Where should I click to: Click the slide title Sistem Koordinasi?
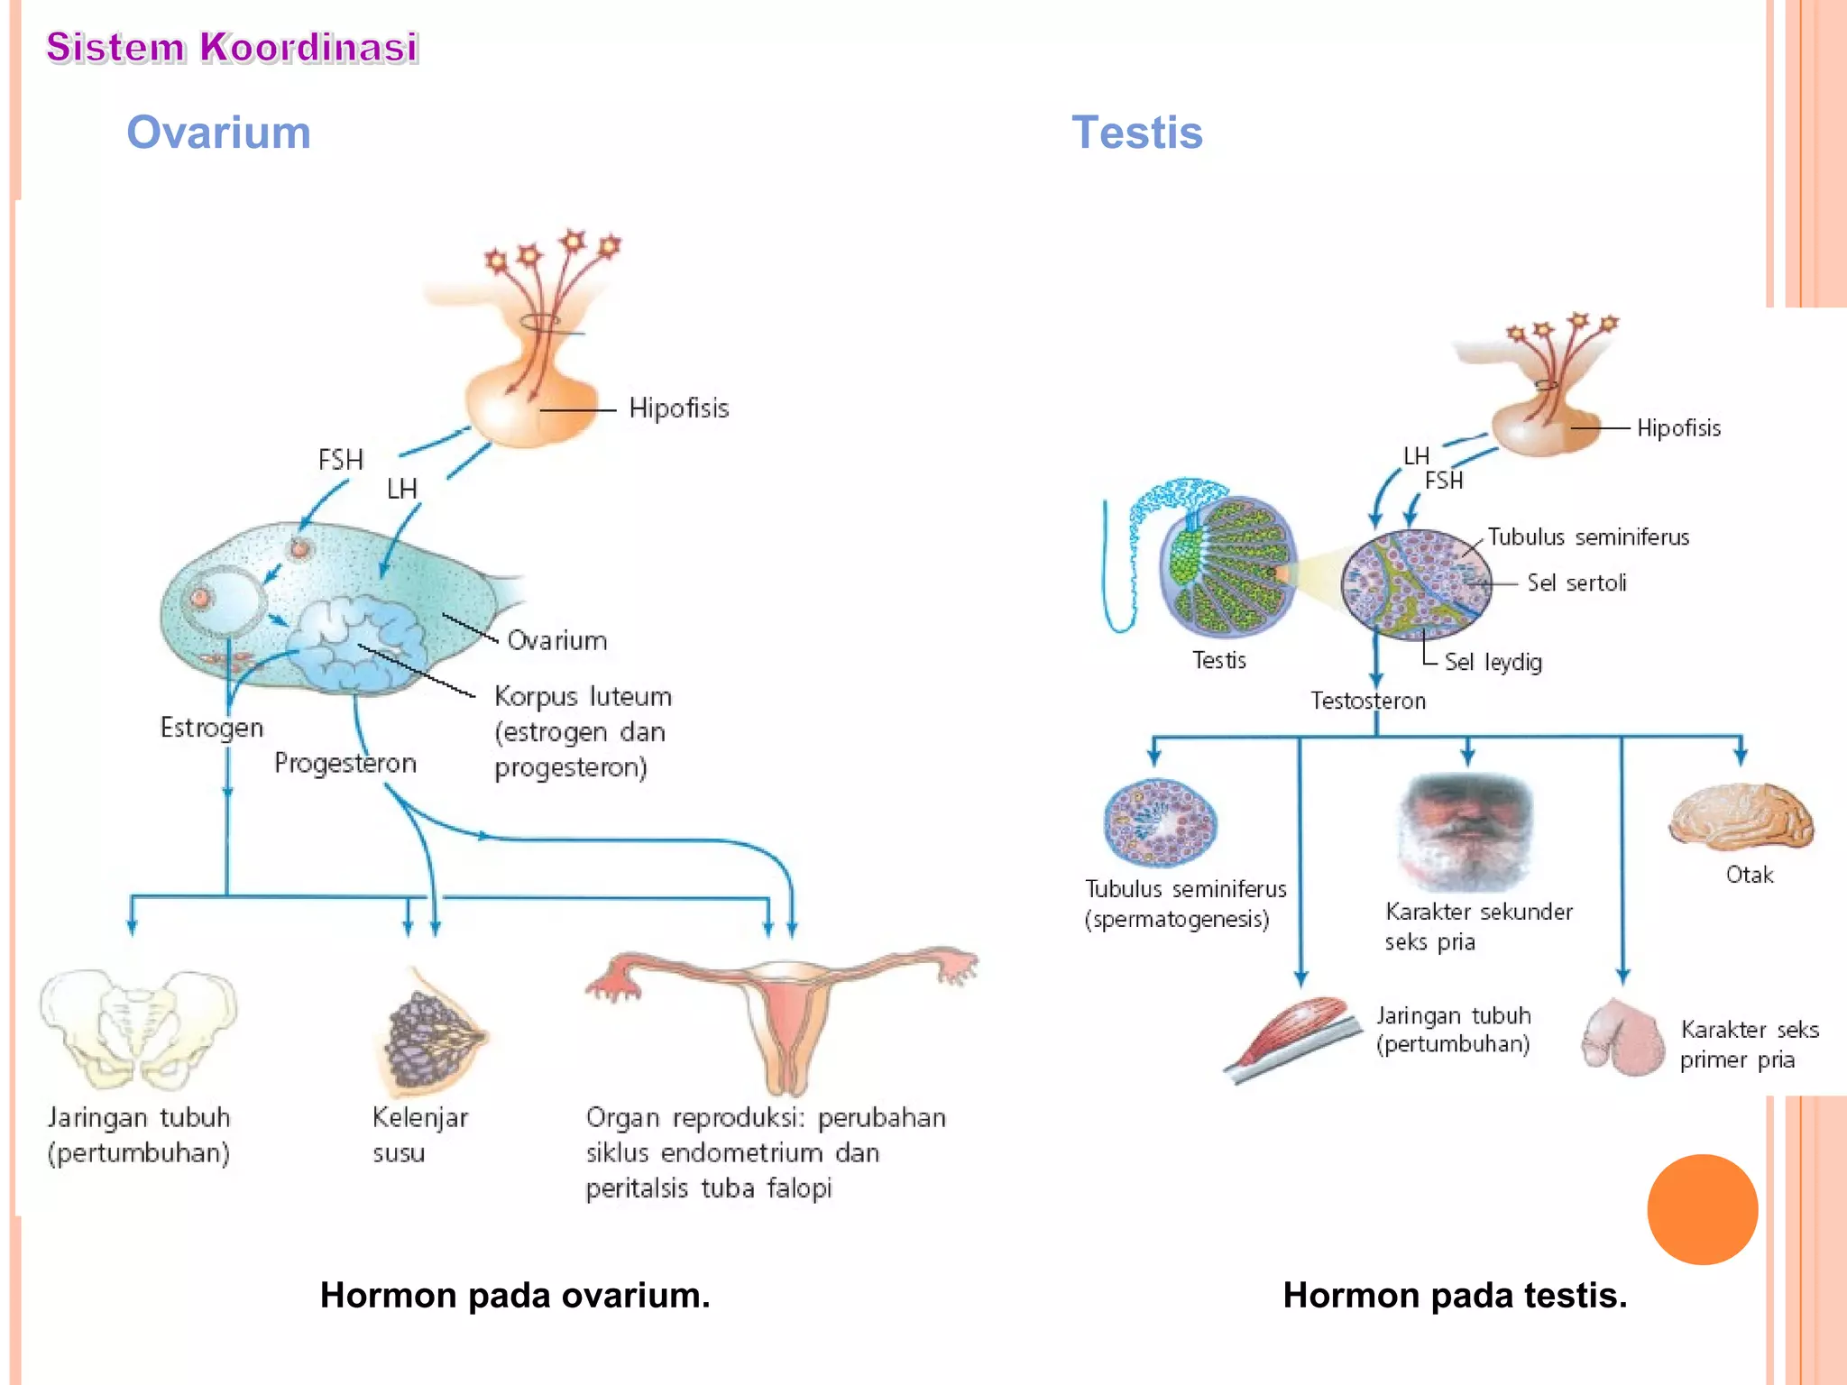tap(232, 47)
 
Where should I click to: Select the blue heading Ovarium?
tap(218, 133)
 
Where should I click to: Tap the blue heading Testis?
tap(1136, 133)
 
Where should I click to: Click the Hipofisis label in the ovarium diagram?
tap(678, 408)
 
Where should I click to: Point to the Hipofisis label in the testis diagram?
tap(1678, 428)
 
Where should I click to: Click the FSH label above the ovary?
tap(341, 461)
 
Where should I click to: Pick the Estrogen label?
tap(212, 728)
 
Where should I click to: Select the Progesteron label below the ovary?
tap(345, 764)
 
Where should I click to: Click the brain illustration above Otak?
tap(1741, 816)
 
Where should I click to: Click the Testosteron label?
tap(1367, 702)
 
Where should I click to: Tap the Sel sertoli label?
tap(1576, 583)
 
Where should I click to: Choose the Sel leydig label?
tap(1493, 663)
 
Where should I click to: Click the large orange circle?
tap(1702, 1209)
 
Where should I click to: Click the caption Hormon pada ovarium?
tap(515, 1296)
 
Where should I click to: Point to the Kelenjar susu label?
tap(419, 1135)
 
